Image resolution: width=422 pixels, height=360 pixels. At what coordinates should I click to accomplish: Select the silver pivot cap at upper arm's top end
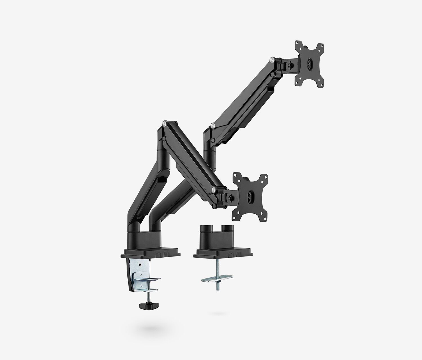[272, 60]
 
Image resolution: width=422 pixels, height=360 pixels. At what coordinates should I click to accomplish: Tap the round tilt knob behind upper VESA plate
[289, 64]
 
